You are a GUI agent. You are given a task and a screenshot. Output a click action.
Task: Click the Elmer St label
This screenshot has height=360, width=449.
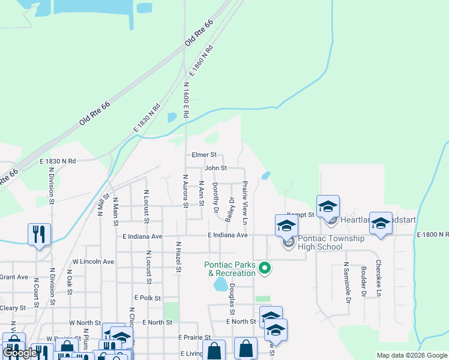tap(203, 155)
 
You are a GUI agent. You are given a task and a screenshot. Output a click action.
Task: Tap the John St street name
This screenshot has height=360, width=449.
tap(215, 169)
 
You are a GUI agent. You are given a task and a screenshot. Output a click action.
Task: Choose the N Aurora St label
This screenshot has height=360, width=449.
tap(185, 191)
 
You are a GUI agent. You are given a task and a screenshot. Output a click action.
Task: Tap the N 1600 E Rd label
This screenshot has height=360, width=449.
tap(186, 101)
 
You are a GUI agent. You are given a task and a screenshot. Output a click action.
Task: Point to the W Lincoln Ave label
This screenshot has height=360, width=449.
tap(93, 262)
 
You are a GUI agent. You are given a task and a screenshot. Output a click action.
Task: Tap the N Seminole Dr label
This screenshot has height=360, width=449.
tap(346, 280)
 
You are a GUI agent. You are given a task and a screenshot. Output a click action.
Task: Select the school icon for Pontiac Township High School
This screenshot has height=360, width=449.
tap(286, 227)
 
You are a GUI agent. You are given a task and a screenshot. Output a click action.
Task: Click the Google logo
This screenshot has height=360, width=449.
tap(20, 353)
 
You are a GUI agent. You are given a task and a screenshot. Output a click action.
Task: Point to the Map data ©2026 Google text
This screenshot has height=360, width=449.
tap(411, 355)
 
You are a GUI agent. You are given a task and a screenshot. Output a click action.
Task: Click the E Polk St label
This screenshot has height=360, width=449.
tap(148, 298)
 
